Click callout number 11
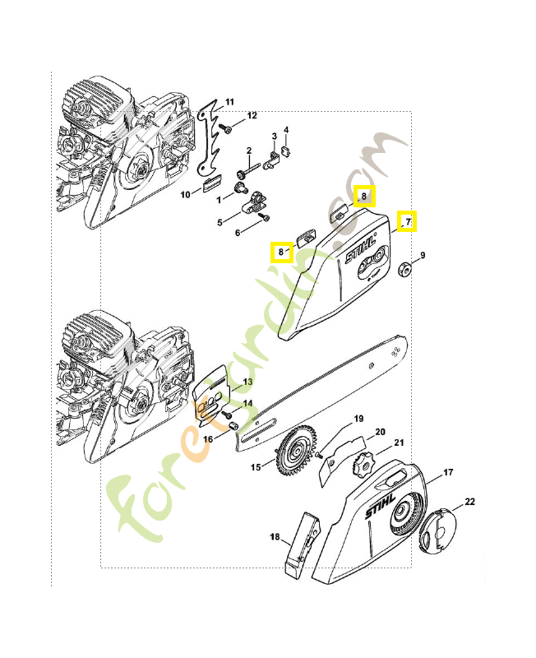pos(230,102)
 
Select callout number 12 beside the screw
pos(252,115)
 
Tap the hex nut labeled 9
pos(404,270)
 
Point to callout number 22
pos(470,501)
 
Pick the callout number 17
pos(448,472)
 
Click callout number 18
pos(275,537)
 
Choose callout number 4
pos(286,130)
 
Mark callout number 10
pos(186,194)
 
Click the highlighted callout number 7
pos(406,221)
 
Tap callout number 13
pos(247,382)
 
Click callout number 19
pos(358,419)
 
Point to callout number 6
pos(238,233)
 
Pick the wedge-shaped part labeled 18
pos(298,544)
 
